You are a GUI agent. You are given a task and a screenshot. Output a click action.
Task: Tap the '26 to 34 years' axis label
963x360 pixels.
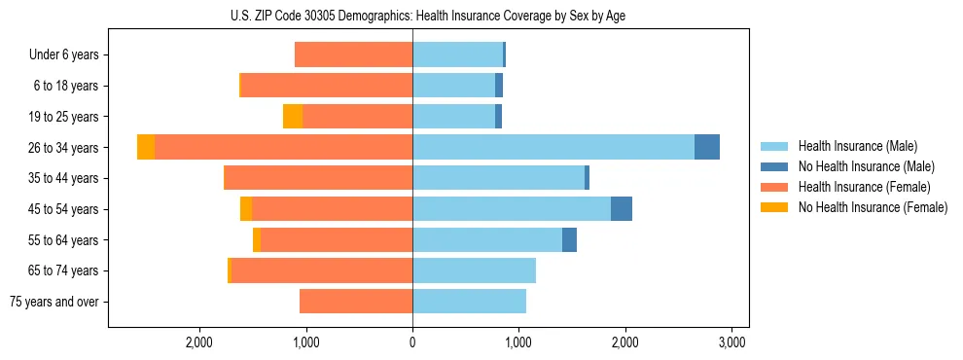63,148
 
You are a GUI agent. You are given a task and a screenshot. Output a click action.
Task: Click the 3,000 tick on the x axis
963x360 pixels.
731,342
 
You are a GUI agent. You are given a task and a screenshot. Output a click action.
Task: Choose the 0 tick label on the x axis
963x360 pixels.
412,342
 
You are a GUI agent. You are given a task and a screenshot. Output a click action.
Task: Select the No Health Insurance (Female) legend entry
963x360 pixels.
872,207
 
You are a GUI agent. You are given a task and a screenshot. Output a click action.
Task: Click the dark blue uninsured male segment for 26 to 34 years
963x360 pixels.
707,147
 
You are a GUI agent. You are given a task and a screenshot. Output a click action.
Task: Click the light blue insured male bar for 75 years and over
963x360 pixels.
469,302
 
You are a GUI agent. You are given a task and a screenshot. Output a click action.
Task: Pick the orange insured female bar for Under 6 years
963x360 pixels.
353,54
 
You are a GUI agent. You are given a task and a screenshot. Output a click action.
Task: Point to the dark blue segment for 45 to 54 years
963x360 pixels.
622,209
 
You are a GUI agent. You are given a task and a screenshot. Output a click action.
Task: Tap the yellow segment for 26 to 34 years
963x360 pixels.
146,147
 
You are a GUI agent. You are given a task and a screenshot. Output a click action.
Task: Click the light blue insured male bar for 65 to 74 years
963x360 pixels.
474,270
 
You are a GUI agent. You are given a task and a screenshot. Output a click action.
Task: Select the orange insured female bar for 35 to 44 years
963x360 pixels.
319,178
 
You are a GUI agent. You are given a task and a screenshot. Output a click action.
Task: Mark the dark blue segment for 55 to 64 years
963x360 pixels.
569,239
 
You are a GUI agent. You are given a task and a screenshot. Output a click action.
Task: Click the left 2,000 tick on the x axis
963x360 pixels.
199,342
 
